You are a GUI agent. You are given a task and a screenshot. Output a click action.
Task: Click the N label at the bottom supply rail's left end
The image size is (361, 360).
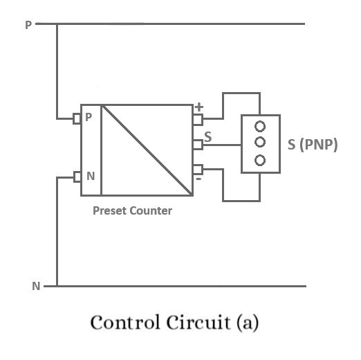pyautogui.click(x=36, y=285)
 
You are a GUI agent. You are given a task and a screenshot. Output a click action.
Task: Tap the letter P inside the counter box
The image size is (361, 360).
pyautogui.click(x=89, y=118)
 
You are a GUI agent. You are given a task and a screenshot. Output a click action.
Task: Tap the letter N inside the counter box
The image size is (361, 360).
pyautogui.click(x=90, y=176)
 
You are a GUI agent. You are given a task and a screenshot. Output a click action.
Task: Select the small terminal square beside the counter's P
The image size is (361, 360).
pyautogui.click(x=77, y=119)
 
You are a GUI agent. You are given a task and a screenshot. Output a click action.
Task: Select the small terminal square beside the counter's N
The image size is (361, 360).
pyautogui.click(x=77, y=177)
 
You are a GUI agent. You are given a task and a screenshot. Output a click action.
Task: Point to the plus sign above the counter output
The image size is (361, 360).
pyautogui.click(x=200, y=107)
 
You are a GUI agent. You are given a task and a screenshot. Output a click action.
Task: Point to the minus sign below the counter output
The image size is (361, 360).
pyautogui.click(x=199, y=179)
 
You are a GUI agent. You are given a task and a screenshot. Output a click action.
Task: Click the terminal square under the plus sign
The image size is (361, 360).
pyautogui.click(x=198, y=119)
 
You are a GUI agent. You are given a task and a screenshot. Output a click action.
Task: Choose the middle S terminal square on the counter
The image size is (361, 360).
pyautogui.click(x=198, y=144)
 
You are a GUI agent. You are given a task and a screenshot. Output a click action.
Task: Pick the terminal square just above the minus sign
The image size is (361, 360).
pyautogui.click(x=198, y=169)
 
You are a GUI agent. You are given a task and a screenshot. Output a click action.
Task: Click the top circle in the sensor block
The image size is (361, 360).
pyautogui.click(x=260, y=127)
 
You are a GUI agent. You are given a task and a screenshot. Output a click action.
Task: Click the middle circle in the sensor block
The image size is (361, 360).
pyautogui.click(x=260, y=143)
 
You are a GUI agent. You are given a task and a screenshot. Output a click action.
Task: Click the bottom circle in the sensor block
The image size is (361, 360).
pyautogui.click(x=260, y=160)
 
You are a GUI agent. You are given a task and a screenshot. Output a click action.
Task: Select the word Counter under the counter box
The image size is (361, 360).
pyautogui.click(x=152, y=211)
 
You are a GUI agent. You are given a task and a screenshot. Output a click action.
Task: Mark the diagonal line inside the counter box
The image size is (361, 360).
pyautogui.click(x=147, y=150)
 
